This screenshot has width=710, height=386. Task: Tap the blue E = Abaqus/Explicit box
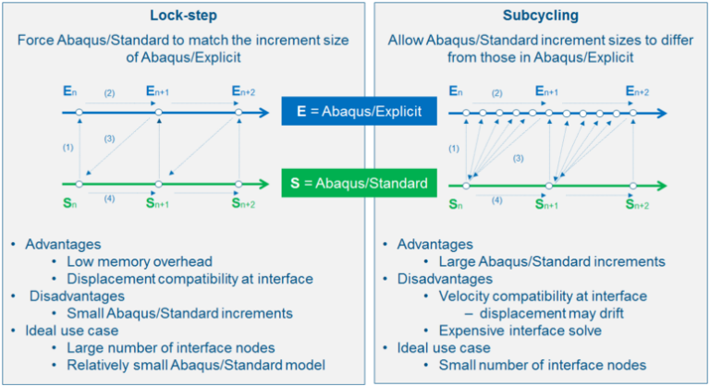pos(356,112)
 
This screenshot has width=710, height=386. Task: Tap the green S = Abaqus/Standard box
pos(357,184)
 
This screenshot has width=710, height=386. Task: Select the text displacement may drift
pos(557,313)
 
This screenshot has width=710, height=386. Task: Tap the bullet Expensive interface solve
pos(518,331)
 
